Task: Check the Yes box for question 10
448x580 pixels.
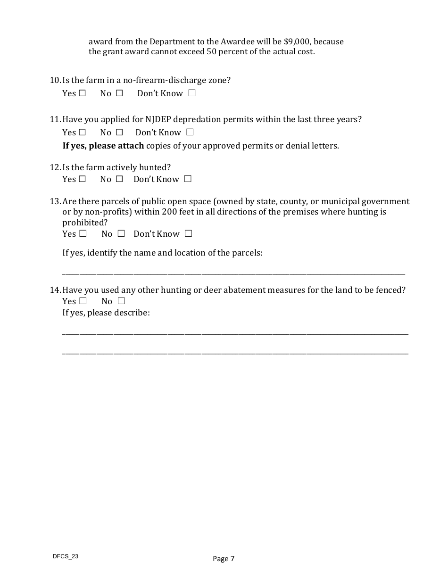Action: [x=83, y=93]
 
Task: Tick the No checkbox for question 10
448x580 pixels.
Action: [x=119, y=93]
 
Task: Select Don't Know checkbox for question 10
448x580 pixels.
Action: [x=192, y=93]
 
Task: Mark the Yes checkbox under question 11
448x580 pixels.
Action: [x=83, y=133]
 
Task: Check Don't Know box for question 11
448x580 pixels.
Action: [x=190, y=133]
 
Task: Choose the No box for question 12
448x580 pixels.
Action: [x=119, y=179]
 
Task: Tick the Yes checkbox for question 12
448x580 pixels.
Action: [x=83, y=179]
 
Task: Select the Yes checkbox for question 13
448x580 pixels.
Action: [x=83, y=234]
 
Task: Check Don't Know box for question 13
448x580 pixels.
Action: [x=188, y=234]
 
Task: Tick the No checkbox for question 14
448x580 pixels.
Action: [x=121, y=301]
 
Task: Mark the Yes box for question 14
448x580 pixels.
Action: [x=83, y=301]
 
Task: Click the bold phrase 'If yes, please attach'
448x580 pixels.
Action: [x=103, y=146]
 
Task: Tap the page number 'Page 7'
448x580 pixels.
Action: [x=224, y=559]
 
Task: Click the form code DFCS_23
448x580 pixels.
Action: [x=66, y=556]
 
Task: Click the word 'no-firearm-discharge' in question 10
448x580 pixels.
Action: [x=164, y=80]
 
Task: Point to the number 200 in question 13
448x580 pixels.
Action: [x=169, y=212]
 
